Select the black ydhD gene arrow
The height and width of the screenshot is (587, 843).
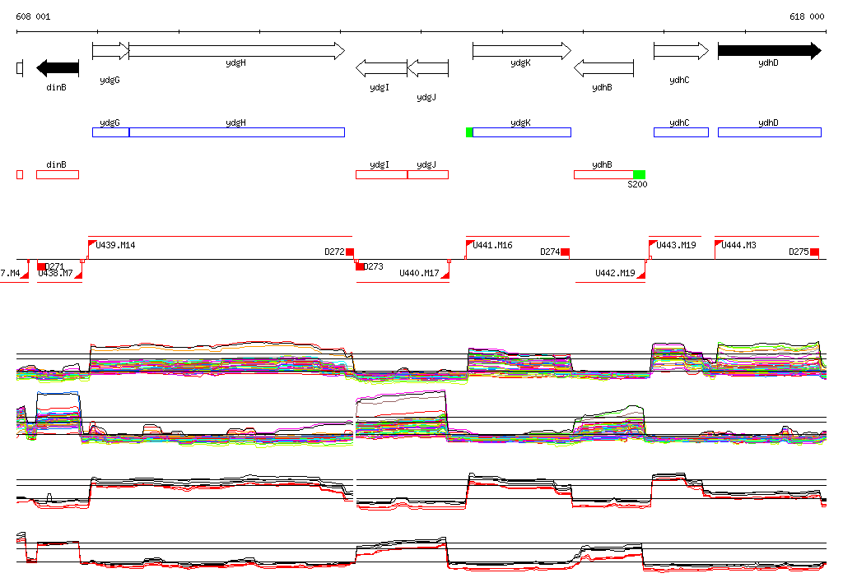pos(769,51)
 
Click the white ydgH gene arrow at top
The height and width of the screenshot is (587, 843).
pos(236,51)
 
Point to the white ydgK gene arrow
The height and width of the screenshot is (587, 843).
pos(521,51)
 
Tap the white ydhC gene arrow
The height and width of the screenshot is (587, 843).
pos(680,51)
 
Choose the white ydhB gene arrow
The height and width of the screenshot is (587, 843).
pos(603,67)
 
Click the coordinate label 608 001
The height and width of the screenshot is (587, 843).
pos(33,16)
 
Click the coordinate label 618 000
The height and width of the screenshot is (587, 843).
pos(807,16)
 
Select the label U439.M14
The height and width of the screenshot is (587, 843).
pos(116,245)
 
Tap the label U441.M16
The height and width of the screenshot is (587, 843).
pos(493,245)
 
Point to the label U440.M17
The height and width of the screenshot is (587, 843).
pos(419,273)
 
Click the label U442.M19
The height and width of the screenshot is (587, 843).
pos(615,273)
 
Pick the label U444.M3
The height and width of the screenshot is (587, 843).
pos(739,245)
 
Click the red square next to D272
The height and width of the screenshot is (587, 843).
pos(350,252)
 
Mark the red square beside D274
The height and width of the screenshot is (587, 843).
pos(564,252)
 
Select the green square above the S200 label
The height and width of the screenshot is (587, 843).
pos(640,174)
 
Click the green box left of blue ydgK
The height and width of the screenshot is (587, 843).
pos(469,132)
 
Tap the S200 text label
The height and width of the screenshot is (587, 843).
pos(637,185)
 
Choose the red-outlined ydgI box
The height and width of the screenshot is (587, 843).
pos(381,174)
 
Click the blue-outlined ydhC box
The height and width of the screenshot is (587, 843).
pos(680,132)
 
